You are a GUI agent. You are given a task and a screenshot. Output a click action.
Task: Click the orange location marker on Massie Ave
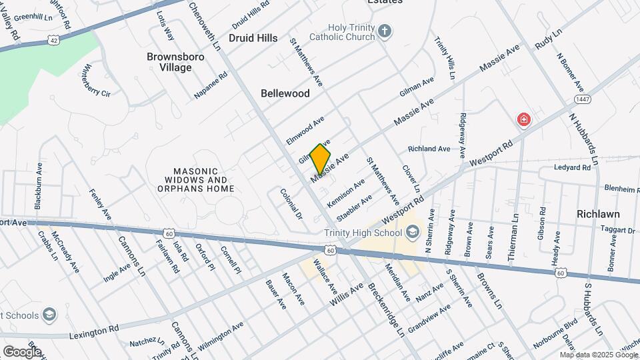pyautogui.click(x=321, y=159)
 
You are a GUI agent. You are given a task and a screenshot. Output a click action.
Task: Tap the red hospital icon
pyautogui.click(x=525, y=120)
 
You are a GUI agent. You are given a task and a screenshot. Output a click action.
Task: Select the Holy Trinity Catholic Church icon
pyautogui.click(x=385, y=31)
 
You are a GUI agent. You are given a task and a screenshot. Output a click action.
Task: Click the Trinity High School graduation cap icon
pyautogui.click(x=412, y=232)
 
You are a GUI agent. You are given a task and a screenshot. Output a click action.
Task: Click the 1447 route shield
pyautogui.click(x=581, y=99)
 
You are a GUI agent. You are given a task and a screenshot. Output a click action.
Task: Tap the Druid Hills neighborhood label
pyautogui.click(x=253, y=38)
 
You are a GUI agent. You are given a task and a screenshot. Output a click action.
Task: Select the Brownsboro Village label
pyautogui.click(x=175, y=62)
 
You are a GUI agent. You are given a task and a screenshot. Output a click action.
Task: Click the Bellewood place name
pyautogui.click(x=285, y=93)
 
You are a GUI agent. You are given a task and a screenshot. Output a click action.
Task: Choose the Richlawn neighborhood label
pyautogui.click(x=599, y=214)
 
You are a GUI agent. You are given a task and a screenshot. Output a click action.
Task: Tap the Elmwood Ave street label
pyautogui.click(x=305, y=131)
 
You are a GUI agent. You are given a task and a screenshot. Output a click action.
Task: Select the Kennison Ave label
pyautogui.click(x=346, y=192)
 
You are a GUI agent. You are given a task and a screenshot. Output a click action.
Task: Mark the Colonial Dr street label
pyautogui.click(x=291, y=205)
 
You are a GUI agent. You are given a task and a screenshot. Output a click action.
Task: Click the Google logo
pyautogui.click(x=21, y=351)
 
